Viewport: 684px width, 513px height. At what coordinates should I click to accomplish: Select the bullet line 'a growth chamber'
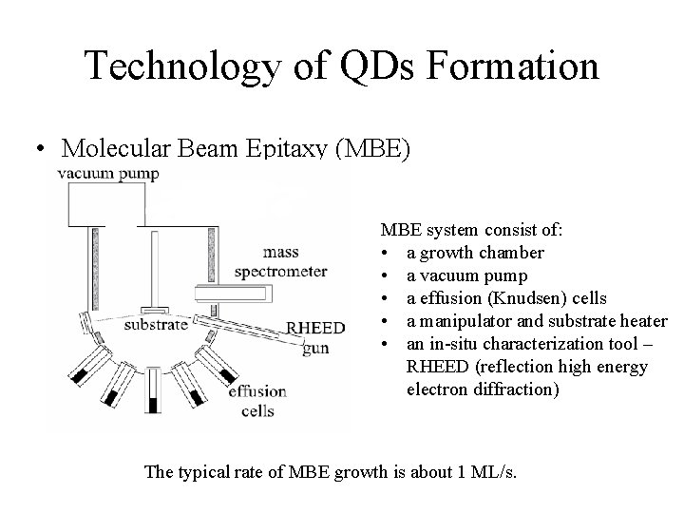(475, 253)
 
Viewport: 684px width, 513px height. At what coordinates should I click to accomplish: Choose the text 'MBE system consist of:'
(471, 230)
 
